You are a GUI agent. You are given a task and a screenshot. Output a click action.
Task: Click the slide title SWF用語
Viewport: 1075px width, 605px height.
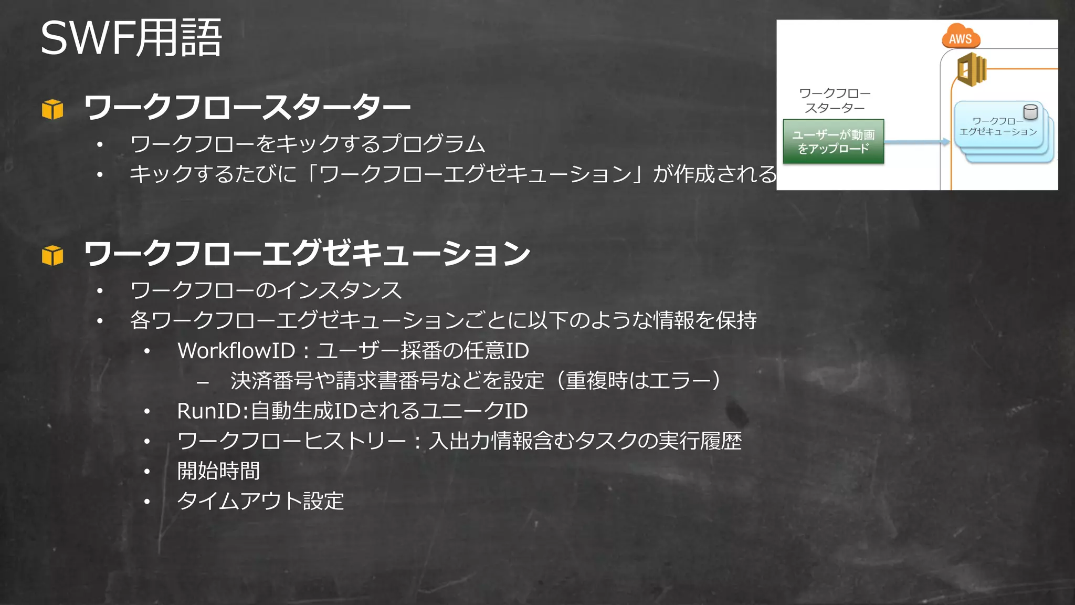click(x=131, y=38)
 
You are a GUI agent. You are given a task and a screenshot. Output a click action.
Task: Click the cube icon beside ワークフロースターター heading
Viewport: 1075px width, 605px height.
click(x=52, y=109)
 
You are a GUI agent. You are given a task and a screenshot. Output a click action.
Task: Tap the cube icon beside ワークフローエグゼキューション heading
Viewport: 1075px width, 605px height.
click(x=52, y=255)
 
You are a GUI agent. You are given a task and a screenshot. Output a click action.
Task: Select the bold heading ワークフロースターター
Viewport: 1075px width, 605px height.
click(x=247, y=107)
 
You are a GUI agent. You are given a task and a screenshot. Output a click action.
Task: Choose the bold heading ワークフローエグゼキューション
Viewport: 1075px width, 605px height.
click(x=307, y=253)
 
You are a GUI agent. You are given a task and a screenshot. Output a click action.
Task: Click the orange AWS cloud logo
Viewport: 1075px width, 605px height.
click(x=961, y=37)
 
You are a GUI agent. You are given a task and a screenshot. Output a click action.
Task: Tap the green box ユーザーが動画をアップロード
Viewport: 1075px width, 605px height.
click(x=833, y=142)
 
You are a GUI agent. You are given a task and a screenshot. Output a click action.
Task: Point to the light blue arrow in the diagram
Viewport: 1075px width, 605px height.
click(x=916, y=142)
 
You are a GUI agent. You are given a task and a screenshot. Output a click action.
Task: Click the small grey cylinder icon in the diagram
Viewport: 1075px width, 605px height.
click(x=1030, y=112)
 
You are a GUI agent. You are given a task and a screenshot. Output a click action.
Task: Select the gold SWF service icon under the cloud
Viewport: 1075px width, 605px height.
click(x=972, y=69)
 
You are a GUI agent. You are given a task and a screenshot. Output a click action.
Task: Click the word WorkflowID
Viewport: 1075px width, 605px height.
click(x=236, y=351)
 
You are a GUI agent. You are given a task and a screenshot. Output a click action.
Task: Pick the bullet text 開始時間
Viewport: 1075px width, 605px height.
click(x=218, y=471)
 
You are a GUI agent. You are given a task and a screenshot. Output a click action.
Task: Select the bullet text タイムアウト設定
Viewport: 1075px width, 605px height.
click(x=260, y=501)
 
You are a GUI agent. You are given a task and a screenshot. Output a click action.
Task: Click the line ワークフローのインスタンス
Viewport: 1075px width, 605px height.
click(x=266, y=290)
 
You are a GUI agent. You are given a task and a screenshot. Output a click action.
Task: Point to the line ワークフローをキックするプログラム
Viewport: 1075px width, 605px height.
click(x=307, y=144)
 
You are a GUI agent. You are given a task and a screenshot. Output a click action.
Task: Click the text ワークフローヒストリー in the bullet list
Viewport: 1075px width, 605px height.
click(x=291, y=441)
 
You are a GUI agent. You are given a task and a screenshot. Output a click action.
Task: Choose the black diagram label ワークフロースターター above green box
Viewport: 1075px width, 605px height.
click(x=835, y=100)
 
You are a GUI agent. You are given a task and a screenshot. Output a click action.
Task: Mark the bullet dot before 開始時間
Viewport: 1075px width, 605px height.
click(x=147, y=472)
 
